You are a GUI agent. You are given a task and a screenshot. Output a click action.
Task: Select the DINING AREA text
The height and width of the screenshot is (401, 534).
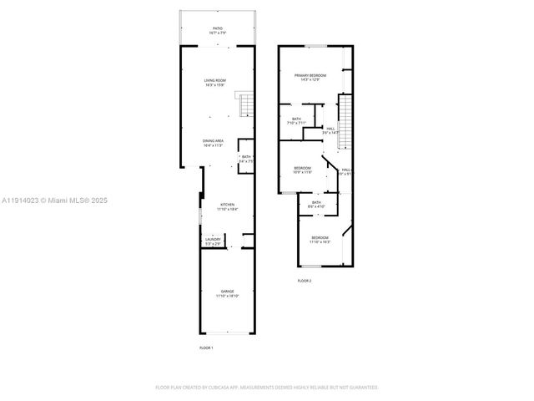tap(213, 140)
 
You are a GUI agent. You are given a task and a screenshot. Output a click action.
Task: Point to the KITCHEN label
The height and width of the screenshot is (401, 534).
tap(227, 204)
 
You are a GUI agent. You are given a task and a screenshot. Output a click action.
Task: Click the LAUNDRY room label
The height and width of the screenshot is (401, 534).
tap(213, 240)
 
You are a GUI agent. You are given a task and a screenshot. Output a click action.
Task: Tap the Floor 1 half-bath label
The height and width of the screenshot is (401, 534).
tap(246, 157)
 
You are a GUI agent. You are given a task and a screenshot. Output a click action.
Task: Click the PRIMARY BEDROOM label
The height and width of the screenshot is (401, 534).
tap(310, 75)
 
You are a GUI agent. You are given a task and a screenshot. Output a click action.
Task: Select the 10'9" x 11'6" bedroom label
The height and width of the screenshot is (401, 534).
tap(302, 170)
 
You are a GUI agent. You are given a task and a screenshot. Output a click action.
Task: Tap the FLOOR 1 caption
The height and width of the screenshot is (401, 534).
tap(206, 347)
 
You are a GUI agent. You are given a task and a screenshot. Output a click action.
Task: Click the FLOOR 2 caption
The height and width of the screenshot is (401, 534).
tap(305, 281)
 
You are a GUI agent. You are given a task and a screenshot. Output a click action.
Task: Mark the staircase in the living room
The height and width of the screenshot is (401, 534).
tap(245, 105)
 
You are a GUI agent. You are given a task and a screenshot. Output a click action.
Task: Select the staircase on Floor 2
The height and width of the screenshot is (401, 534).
tap(343, 121)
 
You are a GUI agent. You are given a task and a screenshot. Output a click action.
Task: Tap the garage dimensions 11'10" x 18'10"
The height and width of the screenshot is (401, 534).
tap(228, 296)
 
